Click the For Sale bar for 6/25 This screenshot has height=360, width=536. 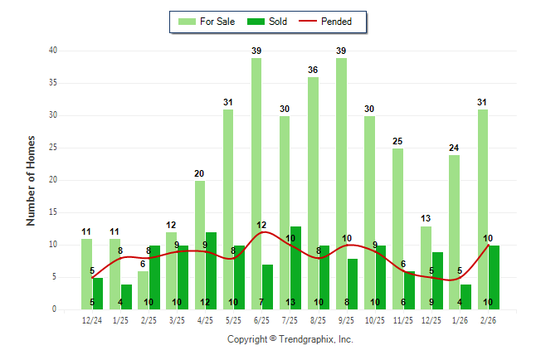click(256, 182)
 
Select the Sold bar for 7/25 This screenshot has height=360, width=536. click(296, 267)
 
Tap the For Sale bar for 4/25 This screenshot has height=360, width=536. click(200, 245)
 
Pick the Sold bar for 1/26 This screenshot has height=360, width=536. click(465, 296)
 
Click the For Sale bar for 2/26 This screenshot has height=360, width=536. click(483, 209)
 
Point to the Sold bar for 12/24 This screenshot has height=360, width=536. click(98, 293)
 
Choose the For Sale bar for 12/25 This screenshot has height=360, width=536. click(426, 267)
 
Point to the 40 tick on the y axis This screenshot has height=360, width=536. click(52, 51)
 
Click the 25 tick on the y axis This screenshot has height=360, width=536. click(52, 148)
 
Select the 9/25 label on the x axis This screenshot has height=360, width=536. click(347, 319)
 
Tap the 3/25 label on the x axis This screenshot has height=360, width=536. click(178, 319)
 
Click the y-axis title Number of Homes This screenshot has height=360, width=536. click(31, 180)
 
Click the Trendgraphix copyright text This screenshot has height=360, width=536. click(290, 339)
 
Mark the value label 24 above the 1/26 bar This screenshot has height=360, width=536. click(455, 148)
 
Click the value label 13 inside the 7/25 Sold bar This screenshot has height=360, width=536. click(290, 302)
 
